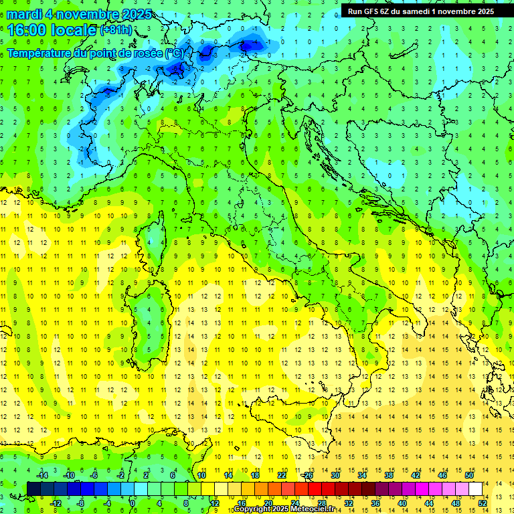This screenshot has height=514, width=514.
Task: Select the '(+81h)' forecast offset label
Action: (116, 30)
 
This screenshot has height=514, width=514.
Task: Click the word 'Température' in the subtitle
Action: (39, 52)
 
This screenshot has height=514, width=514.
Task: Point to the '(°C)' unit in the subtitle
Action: (174, 52)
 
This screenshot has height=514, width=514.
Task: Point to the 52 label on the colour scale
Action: (482, 503)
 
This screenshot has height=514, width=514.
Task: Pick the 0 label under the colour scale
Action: (133, 503)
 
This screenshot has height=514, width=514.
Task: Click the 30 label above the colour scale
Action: (335, 475)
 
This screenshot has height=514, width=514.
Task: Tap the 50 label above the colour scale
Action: (469, 475)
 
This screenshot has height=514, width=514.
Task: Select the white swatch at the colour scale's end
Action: (475, 489)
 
